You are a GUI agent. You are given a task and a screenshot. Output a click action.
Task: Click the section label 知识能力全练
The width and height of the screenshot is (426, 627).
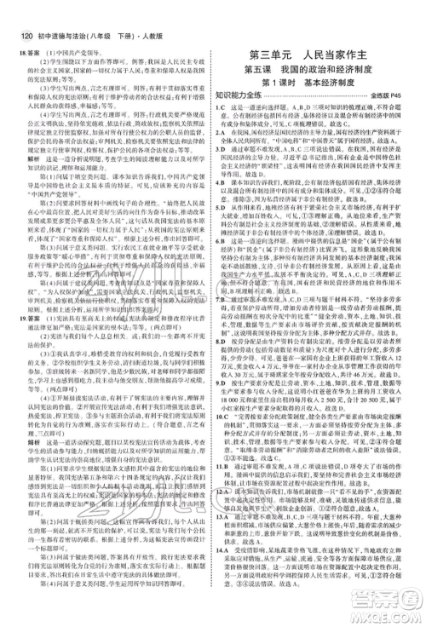coord(246,100)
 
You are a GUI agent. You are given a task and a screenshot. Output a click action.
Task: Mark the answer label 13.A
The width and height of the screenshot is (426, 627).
coord(225,527)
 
